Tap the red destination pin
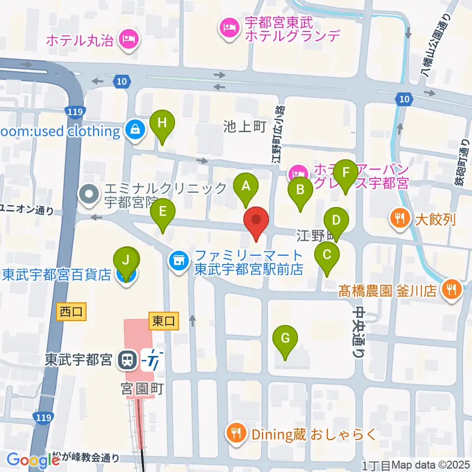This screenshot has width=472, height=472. (256, 222)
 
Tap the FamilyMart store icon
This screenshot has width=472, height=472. (178, 260)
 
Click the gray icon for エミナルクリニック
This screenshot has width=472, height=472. (89, 194)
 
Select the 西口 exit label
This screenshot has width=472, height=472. (72, 312)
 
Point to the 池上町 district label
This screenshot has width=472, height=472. (244, 127)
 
